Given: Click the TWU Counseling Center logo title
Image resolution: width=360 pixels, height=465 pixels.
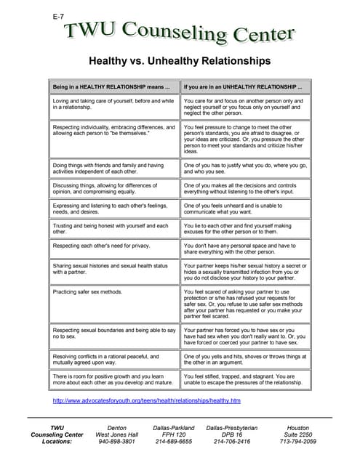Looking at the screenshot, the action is coord(180,32).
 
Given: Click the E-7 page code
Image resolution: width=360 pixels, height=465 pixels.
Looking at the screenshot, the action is coord(59,15).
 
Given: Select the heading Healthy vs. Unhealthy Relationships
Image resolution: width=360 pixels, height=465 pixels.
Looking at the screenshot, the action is coord(179,61).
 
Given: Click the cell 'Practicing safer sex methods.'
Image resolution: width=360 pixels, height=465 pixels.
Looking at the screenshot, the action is coord(87,291).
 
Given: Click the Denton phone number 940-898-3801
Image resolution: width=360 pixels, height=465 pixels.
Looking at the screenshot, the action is coord(116,441).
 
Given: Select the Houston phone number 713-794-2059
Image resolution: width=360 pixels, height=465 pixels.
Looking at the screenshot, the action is coord(298,441).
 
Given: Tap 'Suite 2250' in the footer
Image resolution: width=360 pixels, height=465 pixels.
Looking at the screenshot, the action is coord(298,434).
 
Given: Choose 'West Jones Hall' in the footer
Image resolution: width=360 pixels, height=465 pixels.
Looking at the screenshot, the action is coord(116,434).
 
